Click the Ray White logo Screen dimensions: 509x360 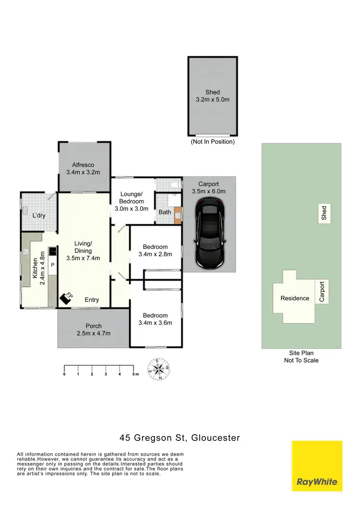(x=317, y=466)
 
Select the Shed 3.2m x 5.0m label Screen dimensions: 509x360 (x=213, y=96)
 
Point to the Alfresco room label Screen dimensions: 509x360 (x=83, y=168)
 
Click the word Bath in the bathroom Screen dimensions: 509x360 (x=165, y=212)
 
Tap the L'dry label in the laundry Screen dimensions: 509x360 (x=39, y=215)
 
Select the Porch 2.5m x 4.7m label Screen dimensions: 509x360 (x=93, y=330)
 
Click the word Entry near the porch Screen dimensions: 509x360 (x=92, y=300)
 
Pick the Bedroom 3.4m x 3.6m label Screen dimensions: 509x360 (x=155, y=319)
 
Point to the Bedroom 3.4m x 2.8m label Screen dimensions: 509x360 (x=155, y=251)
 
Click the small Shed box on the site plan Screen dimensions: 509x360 (x=324, y=213)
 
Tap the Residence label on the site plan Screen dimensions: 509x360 (x=295, y=298)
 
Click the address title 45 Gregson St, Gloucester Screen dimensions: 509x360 (x=180, y=438)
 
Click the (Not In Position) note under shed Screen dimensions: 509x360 (x=213, y=142)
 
